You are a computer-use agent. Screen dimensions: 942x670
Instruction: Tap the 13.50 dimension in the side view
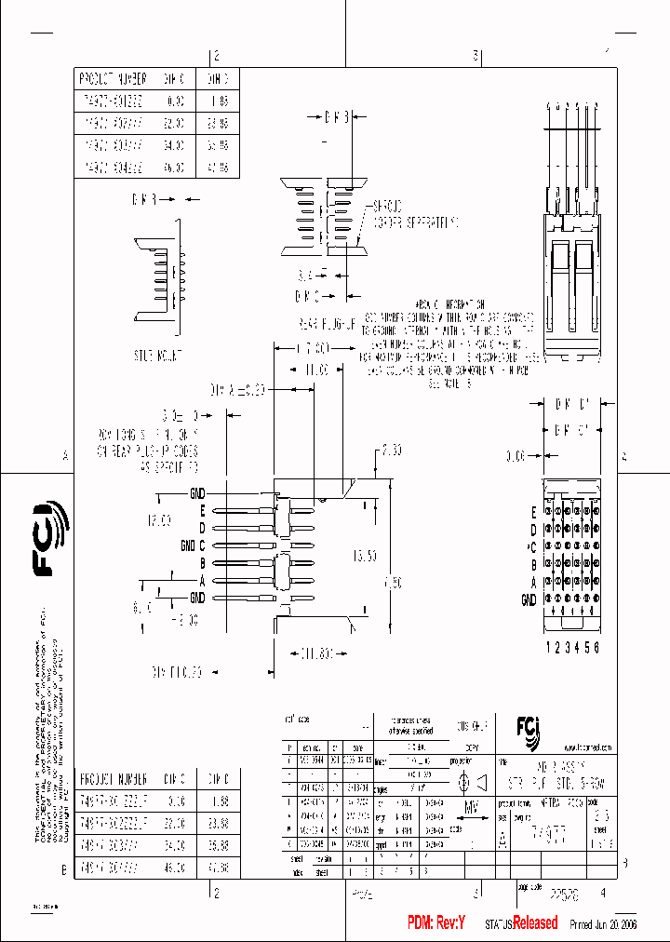tap(366, 556)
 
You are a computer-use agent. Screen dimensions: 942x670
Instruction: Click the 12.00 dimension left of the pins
tap(157, 520)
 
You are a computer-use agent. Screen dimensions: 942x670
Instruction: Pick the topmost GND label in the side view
tap(197, 492)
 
